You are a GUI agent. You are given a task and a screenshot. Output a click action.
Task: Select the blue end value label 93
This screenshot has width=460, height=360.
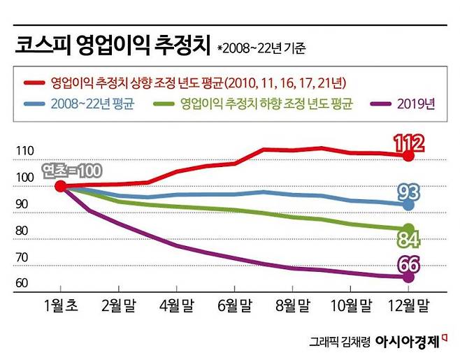(410, 192)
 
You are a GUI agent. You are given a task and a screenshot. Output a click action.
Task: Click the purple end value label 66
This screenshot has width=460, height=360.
(409, 264)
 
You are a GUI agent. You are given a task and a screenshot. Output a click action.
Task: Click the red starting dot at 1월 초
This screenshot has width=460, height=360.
(61, 186)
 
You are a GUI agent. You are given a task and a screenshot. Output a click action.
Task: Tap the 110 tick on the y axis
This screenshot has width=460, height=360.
(24, 150)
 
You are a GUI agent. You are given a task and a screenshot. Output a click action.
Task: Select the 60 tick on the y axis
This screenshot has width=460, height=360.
(24, 283)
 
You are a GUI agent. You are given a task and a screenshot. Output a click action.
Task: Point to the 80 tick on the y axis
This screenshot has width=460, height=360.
(24, 231)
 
